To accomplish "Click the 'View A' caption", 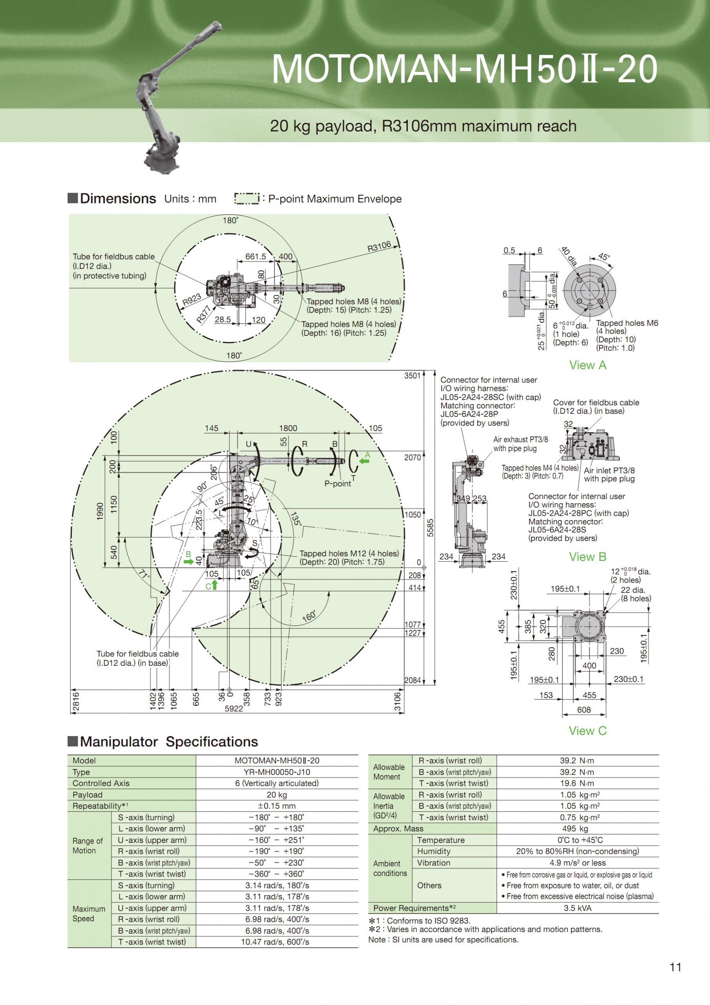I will pos(588,365).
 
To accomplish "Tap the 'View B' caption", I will pos(588,557).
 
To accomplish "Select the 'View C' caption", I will pos(588,731).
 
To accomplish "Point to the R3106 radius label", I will pos(379,247).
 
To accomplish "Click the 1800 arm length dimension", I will pos(288,428).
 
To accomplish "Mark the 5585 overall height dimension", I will pos(430,528).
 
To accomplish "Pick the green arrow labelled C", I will pos(214,585).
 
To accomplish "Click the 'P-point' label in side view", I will pos(338,484).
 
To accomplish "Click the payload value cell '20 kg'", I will pos(277,795).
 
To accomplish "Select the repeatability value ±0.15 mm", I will pos(277,806).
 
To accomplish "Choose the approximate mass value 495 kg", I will pos(577,829).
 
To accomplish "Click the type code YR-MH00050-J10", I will pos(277,772).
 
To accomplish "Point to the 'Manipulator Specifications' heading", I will pos(169,742).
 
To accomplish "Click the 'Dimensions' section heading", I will pos(118,199).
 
